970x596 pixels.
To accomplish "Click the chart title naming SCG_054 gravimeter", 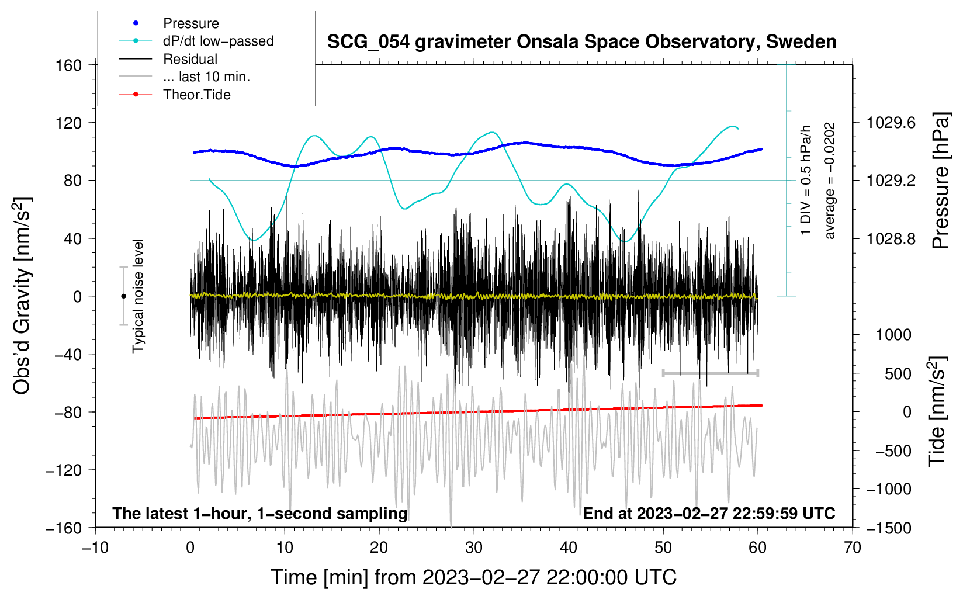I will [x=581, y=42].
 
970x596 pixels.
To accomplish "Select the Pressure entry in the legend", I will [x=190, y=23].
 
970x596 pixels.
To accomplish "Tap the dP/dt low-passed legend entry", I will [x=218, y=41].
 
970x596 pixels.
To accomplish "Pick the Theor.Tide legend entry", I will [x=196, y=95].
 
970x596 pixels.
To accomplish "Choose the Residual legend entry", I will [x=190, y=59].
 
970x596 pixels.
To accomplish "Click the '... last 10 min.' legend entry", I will [x=206, y=77].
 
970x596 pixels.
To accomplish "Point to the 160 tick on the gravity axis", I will [x=69, y=65].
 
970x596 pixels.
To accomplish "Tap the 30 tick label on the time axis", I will [x=474, y=548].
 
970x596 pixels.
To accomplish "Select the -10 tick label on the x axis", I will [x=95, y=548].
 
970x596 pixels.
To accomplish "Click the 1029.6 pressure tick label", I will [x=891, y=123].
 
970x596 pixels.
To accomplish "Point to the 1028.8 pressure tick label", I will [x=891, y=238].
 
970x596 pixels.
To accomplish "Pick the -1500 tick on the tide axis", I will [x=888, y=528].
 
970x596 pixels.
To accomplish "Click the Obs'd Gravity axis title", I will [x=22, y=296].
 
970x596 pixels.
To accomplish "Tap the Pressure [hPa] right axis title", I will [x=940, y=181].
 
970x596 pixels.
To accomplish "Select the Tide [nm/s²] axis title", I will [x=936, y=412].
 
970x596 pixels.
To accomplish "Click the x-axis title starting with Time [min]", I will [x=473, y=577].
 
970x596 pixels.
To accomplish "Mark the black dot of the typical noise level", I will [x=123, y=296].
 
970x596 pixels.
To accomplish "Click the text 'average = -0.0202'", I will [x=830, y=181].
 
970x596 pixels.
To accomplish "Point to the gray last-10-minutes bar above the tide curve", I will [x=710, y=373].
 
